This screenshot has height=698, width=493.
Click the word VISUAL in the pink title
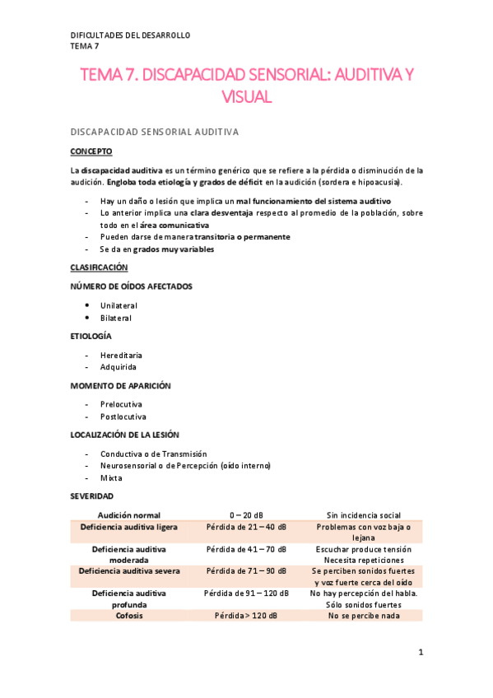[x=246, y=97]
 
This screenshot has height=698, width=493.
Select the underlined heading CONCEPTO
[x=91, y=151]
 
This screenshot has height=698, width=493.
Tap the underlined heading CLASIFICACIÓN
[x=99, y=268]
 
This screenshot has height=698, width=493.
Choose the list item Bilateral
[x=116, y=318]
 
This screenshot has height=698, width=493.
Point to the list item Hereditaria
[x=121, y=355]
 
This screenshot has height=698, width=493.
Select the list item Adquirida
[x=119, y=367]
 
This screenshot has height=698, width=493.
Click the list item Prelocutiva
[x=121, y=404]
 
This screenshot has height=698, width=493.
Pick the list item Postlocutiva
[x=123, y=416]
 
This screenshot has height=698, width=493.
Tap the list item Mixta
[x=111, y=478]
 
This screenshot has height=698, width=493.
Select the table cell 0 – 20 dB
[x=246, y=514]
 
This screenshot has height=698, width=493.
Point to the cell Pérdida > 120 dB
[x=246, y=615]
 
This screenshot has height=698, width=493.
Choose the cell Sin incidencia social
[x=363, y=514]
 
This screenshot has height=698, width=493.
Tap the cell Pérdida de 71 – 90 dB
[x=246, y=570]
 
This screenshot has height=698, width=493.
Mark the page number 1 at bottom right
[x=421, y=653]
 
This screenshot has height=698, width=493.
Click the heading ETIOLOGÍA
[x=91, y=336]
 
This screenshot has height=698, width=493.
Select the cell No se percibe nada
[x=363, y=615]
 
